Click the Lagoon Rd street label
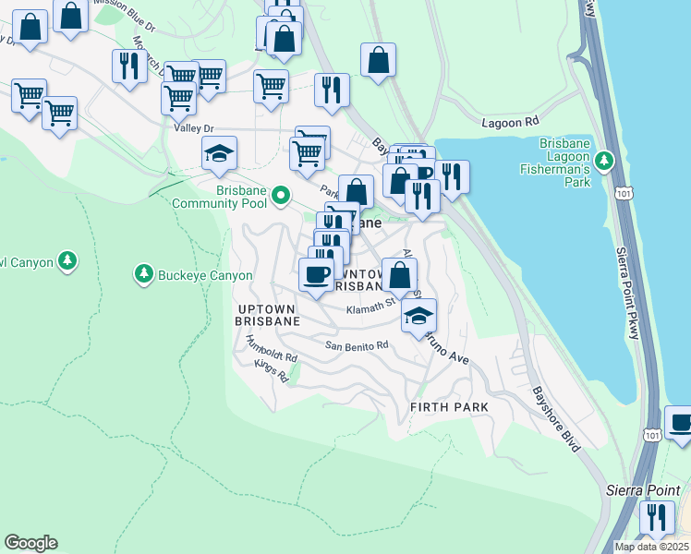click(510, 122)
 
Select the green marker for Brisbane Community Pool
click(283, 196)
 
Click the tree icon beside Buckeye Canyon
click(143, 274)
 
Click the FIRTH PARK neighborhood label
click(449, 406)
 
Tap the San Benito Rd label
click(357, 345)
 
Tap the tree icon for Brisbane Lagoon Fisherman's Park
click(605, 162)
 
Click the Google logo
click(30, 543)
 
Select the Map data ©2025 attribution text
click(650, 547)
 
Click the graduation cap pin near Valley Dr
click(220, 153)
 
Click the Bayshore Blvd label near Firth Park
click(555, 418)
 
